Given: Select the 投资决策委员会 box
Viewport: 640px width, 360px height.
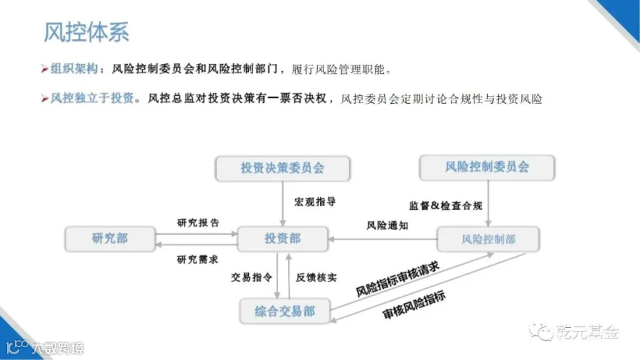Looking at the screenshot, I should [282, 168].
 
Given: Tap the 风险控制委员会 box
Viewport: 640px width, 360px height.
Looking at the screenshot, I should [487, 167].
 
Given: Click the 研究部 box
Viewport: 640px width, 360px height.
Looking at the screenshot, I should [110, 238].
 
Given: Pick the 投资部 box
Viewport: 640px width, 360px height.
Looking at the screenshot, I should [282, 239].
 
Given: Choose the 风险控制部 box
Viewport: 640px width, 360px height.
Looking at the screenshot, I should [488, 239].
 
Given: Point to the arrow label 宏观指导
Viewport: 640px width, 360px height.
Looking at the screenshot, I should [315, 202].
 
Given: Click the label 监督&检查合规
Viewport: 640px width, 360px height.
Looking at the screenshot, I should [446, 206].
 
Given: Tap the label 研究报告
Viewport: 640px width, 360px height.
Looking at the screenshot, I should [198, 222].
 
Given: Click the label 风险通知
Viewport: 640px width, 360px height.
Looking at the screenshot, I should [388, 226].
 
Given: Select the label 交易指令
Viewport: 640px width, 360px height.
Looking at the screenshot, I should [251, 277].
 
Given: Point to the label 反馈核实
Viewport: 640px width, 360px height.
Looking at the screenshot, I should [316, 277].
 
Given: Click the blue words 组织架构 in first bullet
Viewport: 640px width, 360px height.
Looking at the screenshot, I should [73, 70].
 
